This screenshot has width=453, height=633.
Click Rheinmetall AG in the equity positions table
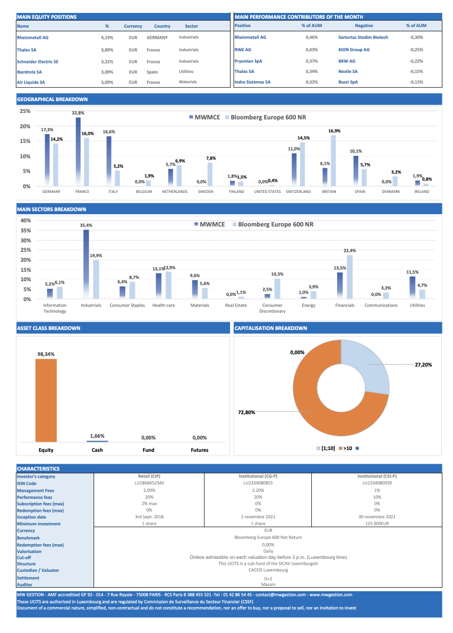33,37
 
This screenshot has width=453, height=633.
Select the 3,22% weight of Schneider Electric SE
107,62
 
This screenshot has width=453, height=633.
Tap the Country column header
162,26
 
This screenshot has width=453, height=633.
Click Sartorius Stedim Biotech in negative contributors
363,37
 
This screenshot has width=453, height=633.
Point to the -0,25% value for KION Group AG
416,49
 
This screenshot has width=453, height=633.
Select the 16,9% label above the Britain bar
334,131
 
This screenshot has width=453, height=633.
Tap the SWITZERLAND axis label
298,192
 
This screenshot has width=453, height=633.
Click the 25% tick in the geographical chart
25,111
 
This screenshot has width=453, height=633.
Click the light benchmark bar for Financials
350,276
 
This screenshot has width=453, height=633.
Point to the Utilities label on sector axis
417,305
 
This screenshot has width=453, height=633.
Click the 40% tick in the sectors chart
25,221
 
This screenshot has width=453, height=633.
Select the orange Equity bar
46,399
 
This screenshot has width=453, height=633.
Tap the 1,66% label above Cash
97,436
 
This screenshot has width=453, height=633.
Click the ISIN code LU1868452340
149,482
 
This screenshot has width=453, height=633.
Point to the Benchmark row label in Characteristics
28,538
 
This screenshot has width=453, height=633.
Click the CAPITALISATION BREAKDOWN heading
271,328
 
